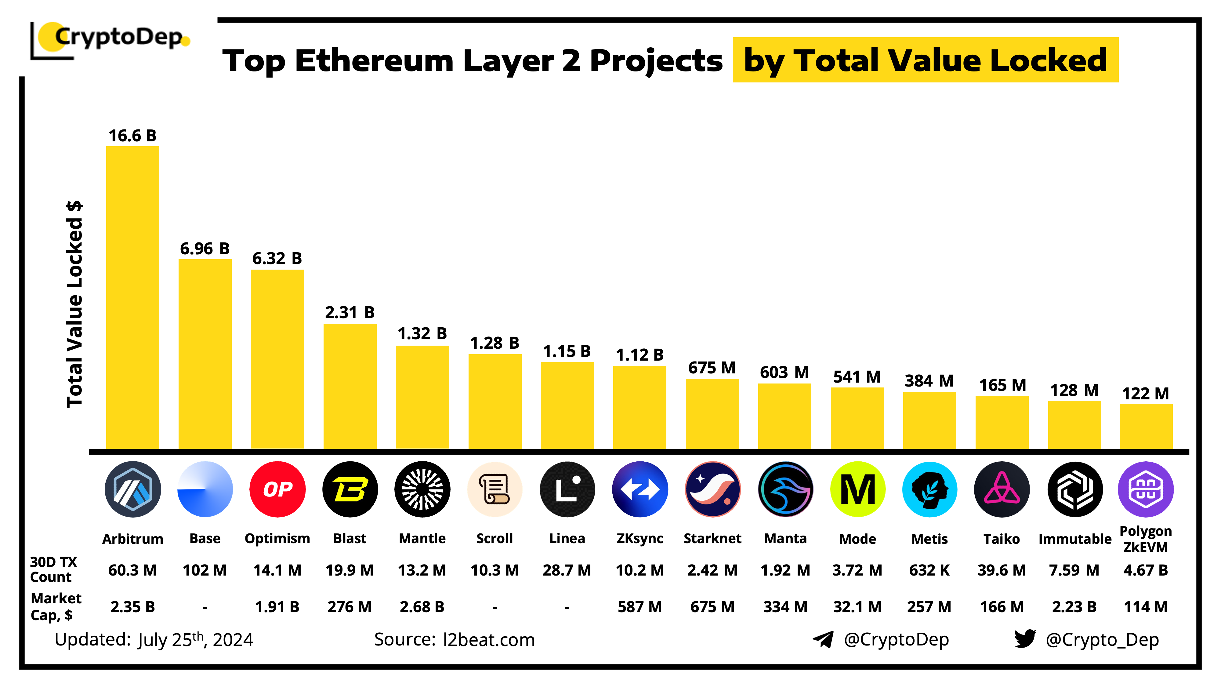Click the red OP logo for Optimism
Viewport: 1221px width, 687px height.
click(277, 489)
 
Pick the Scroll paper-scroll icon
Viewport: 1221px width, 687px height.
click(495, 489)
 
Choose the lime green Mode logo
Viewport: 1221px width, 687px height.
click(857, 489)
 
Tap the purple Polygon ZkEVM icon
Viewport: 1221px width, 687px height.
click(1146, 489)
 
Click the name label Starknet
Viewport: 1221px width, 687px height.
click(712, 539)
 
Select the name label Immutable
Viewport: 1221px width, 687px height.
click(1074, 539)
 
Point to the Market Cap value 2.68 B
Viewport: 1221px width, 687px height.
click(422, 607)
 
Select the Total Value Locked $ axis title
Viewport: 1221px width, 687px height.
click(74, 304)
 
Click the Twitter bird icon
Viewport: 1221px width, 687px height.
click(1025, 639)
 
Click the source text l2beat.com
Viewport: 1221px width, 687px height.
click(489, 640)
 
